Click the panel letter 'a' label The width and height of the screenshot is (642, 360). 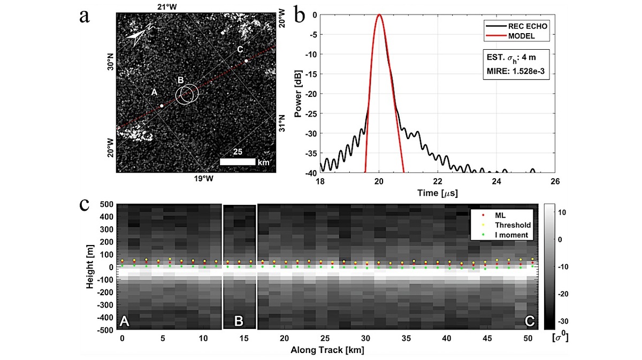click(x=84, y=16)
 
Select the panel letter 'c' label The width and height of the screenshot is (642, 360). click(x=84, y=205)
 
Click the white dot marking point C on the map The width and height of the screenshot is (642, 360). click(x=246, y=61)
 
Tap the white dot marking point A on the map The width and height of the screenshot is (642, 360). click(x=162, y=106)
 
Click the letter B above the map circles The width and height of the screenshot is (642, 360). click(x=181, y=80)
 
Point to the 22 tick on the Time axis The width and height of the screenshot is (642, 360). click(x=438, y=182)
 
